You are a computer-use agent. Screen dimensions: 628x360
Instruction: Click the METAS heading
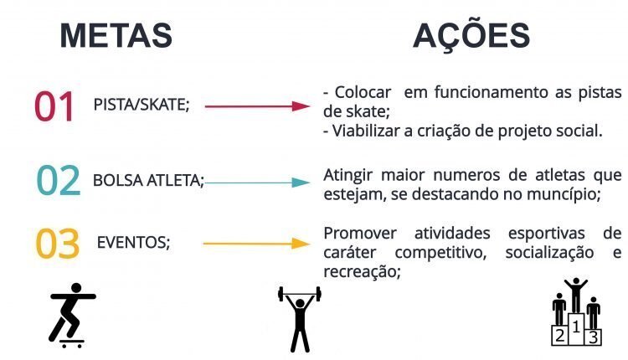coord(116,36)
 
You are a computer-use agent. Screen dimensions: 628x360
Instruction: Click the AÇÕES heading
coord(471,34)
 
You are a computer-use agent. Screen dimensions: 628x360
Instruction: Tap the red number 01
coord(54,106)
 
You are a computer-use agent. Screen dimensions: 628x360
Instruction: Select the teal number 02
coord(59,180)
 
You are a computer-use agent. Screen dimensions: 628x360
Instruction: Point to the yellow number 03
coord(58,244)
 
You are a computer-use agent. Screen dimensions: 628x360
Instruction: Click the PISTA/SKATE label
coord(142,105)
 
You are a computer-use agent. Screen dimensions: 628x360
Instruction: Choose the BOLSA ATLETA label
coord(148,181)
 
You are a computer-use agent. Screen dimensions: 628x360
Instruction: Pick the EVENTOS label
coord(133,242)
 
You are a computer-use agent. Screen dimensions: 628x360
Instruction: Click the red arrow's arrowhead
coord(301,106)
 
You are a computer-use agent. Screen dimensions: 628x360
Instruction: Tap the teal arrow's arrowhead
coord(301,183)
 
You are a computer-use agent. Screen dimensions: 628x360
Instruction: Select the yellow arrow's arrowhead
coord(301,244)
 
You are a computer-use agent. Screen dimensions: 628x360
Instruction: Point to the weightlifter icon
coord(300,319)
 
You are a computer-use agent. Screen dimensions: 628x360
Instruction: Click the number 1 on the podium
coord(576,327)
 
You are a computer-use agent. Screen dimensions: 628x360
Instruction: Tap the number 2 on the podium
coord(560,335)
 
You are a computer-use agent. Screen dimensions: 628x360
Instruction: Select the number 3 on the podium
coord(593,337)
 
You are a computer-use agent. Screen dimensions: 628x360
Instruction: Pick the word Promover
coord(360,233)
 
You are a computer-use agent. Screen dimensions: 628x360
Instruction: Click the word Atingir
coord(347,176)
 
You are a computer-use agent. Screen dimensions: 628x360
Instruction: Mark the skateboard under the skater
coord(71,343)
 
